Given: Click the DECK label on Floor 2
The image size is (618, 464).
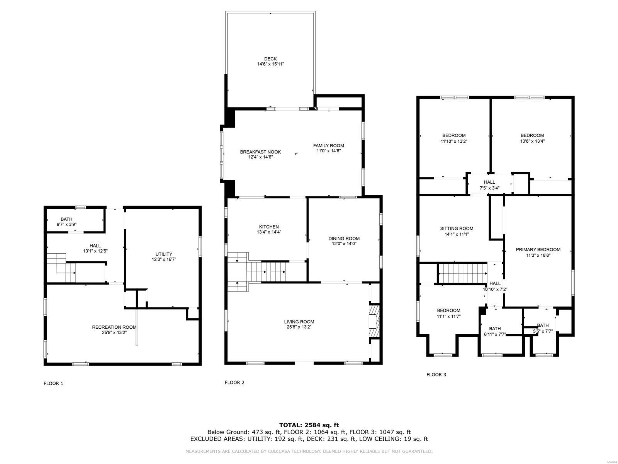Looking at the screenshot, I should pos(270,59).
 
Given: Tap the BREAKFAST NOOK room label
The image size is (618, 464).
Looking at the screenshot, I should pos(260,152).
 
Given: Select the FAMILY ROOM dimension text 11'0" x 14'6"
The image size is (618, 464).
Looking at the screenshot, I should pos(328,151).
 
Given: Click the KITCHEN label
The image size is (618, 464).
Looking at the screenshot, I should pos(269,227).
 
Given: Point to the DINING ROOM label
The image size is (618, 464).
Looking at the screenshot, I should pos(344,239).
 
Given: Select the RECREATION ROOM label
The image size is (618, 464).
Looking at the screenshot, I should pos(114,327).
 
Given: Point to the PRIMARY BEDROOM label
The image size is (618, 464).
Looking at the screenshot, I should pos(538,249).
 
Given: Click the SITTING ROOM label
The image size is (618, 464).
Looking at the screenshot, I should pos(457,229).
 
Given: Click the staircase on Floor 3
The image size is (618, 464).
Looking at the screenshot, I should pos(462,273).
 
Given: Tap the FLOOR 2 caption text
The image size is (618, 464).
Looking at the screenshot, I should pos(234,382).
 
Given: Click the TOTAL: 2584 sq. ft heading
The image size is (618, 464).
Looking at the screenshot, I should pos(309,425).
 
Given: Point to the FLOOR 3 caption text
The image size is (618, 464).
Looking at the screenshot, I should pos(436,374).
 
